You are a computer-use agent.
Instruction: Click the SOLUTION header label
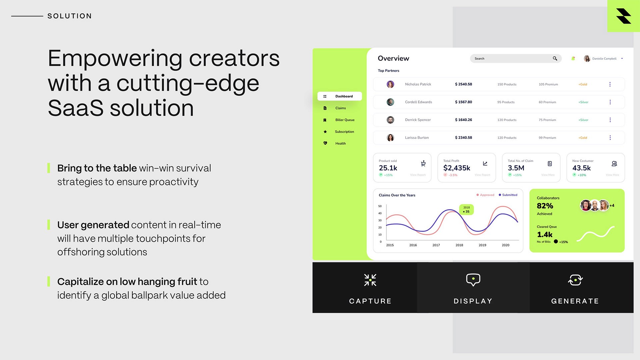tap(69, 16)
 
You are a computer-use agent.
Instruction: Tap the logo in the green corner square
tap(623, 16)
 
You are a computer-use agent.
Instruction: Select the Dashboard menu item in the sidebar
tap(340, 96)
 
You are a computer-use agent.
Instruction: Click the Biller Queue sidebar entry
tap(345, 120)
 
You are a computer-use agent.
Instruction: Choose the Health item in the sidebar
tap(340, 143)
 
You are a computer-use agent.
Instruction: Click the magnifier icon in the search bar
tap(555, 58)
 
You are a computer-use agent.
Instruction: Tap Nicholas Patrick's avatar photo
tap(390, 84)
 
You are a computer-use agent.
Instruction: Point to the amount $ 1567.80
tap(463, 102)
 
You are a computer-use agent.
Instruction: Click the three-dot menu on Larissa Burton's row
tap(610, 138)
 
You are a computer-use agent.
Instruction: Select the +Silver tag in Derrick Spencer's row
tap(583, 120)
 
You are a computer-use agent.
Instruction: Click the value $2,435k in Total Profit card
tap(457, 168)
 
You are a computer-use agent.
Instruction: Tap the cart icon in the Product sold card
tap(423, 163)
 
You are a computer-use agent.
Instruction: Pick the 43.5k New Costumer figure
tap(581, 168)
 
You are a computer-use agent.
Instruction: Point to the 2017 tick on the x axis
tap(436, 245)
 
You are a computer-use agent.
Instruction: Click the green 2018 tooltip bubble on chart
tap(466, 209)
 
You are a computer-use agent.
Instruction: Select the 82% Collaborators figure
tap(545, 206)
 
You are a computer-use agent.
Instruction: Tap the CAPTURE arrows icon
tap(370, 280)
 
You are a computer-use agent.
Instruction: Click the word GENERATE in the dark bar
tap(575, 301)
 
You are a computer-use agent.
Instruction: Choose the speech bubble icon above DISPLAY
tap(473, 280)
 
